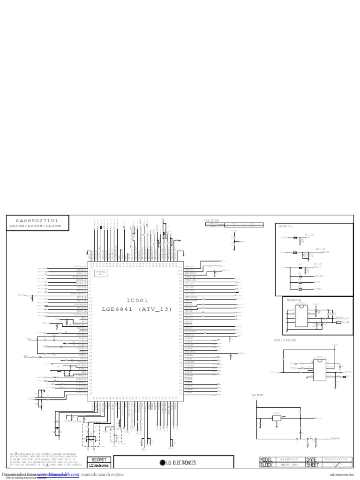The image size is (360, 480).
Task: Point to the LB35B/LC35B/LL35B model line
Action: [x=35, y=226]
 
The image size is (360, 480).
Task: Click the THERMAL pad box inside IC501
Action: [x=101, y=272]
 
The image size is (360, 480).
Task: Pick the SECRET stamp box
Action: [x=99, y=460]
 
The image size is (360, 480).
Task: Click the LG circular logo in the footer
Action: [x=164, y=463]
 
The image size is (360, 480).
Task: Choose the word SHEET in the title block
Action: [x=313, y=465]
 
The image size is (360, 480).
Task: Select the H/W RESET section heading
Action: [x=258, y=396]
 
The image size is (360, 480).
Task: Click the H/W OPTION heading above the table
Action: [x=212, y=220]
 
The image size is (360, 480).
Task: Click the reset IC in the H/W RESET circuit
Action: [x=277, y=418]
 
